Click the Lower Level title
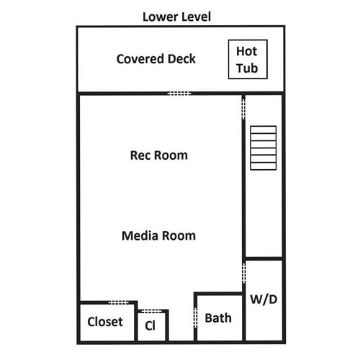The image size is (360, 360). tap(176, 17)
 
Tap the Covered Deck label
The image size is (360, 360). tap(156, 59)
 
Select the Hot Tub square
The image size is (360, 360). tap(248, 59)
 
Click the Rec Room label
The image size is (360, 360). tap(158, 156)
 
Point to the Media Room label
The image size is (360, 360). tap(158, 235)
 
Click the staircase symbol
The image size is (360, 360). tap(264, 148)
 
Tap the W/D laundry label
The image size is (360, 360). tap(264, 300)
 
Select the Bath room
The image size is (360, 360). tap(220, 318)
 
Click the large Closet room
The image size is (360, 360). tap(107, 322)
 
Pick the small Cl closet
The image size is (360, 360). tap(152, 325)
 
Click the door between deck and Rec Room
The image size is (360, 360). tap(179, 94)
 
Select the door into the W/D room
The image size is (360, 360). tap(244, 272)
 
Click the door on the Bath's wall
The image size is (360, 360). tap(196, 318)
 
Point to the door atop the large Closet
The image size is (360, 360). tap(119, 302)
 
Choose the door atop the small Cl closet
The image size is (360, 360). tap(151, 311)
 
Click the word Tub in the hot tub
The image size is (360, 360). tap(247, 68)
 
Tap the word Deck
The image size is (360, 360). tap(181, 59)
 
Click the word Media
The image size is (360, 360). tap(140, 235)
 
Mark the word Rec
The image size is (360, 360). tap(140, 156)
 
